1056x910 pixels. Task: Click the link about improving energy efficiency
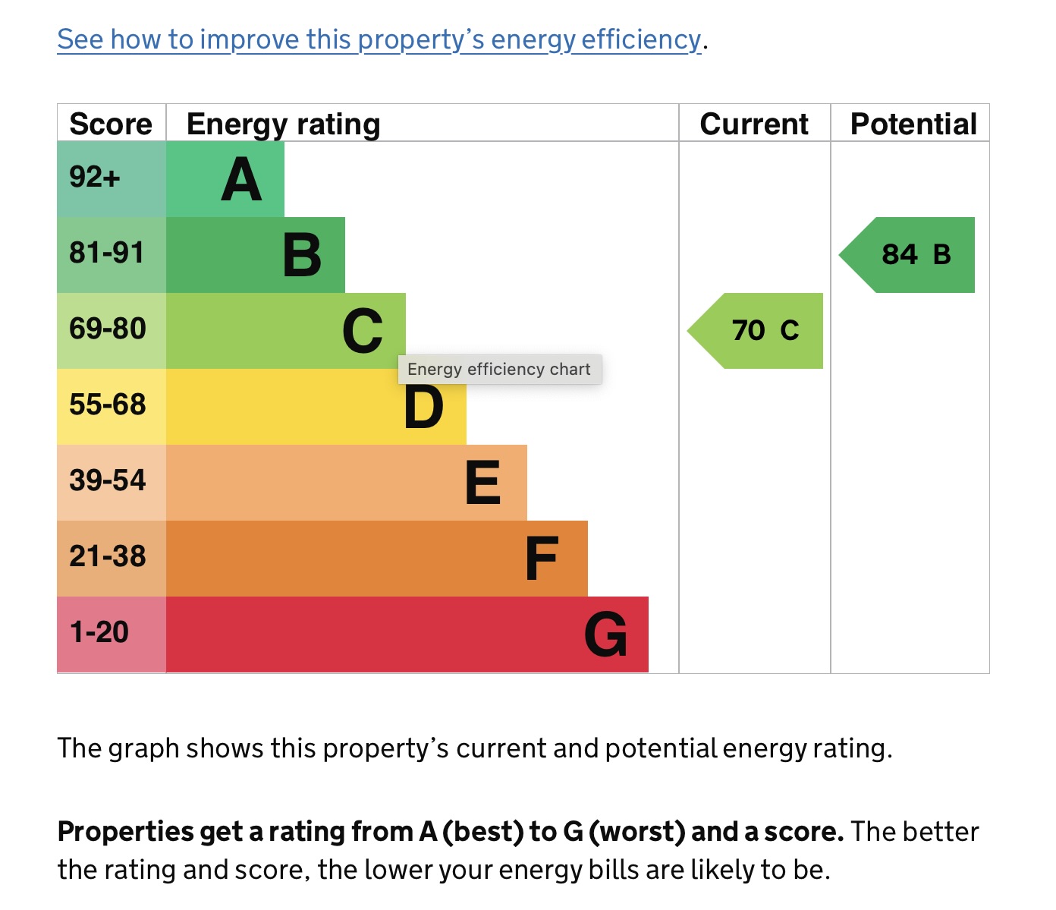(x=379, y=39)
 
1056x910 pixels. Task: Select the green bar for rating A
(x=225, y=179)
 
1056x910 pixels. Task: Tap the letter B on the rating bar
(x=302, y=255)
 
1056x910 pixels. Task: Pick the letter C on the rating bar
(x=363, y=331)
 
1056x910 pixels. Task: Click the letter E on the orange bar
(x=482, y=483)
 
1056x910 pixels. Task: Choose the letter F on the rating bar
(x=542, y=559)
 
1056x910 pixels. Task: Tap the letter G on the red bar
(x=606, y=634)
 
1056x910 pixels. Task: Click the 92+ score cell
(x=95, y=178)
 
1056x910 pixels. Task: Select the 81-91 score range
(x=107, y=253)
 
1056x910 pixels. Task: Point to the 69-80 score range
(x=108, y=329)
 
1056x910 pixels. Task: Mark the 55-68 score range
(x=108, y=405)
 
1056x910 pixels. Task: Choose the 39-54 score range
(x=108, y=480)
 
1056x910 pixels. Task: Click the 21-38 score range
(x=108, y=556)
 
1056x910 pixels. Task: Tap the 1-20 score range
(x=99, y=632)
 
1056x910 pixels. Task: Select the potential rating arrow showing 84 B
(x=914, y=255)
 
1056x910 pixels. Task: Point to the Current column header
(x=754, y=124)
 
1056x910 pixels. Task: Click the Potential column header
(x=913, y=124)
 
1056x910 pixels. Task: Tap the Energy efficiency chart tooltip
(x=499, y=370)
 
